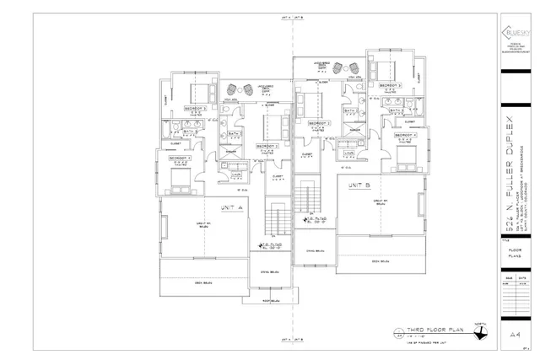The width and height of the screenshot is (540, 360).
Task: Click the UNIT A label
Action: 230,207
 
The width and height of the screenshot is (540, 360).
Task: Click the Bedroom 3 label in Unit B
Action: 389,86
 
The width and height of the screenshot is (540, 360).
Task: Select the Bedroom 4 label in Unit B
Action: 405,134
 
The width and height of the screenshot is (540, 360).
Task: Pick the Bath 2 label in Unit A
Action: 235,133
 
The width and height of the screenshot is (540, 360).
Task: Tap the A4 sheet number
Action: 513,334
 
